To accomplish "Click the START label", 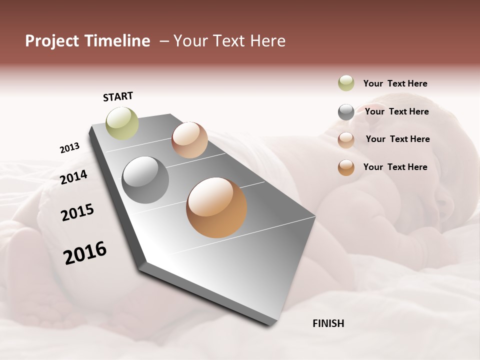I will click(118, 96).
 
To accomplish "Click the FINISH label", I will click(328, 323).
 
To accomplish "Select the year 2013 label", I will click(69, 148).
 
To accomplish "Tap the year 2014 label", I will click(73, 177).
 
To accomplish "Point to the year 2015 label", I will click(77, 212).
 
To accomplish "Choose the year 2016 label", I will click(85, 253).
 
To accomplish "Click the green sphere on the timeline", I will click(122, 123).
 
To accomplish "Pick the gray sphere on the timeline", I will click(145, 179).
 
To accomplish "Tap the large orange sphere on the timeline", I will click(216, 207).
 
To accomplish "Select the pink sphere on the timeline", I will click(189, 140).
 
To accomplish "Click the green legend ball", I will click(346, 83).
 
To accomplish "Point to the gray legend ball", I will click(346, 112).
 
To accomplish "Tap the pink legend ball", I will click(346, 140).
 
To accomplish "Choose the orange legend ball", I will click(346, 167).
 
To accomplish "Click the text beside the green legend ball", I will click(395, 83).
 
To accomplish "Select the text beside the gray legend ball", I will click(396, 111).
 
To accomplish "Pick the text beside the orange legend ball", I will click(395, 167).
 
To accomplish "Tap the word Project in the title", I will click(52, 41).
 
